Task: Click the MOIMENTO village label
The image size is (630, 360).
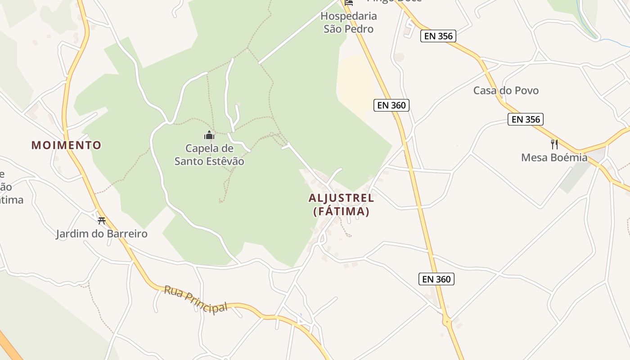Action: (66, 145)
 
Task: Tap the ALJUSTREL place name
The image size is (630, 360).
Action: (341, 198)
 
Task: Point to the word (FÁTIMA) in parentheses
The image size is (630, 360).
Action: (341, 211)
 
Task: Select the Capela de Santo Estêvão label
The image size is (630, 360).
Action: (209, 154)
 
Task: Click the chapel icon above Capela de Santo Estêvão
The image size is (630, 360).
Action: (209, 135)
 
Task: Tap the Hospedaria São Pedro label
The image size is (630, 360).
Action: (348, 22)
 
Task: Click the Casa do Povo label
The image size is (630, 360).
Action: (506, 90)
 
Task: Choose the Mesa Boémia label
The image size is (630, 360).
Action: (554, 157)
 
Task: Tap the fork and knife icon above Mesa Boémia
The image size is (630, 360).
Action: (554, 144)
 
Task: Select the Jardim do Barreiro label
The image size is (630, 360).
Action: (102, 234)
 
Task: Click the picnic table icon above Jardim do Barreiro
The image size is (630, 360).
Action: (102, 220)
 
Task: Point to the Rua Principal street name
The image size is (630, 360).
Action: (195, 300)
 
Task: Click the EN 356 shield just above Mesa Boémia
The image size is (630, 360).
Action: (526, 119)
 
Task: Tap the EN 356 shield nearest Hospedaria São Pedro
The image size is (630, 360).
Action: (438, 36)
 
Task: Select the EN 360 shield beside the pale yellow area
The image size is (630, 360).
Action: (391, 105)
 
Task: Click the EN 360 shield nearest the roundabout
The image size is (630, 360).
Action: (436, 279)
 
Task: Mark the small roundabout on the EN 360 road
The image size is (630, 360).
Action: (447, 321)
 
